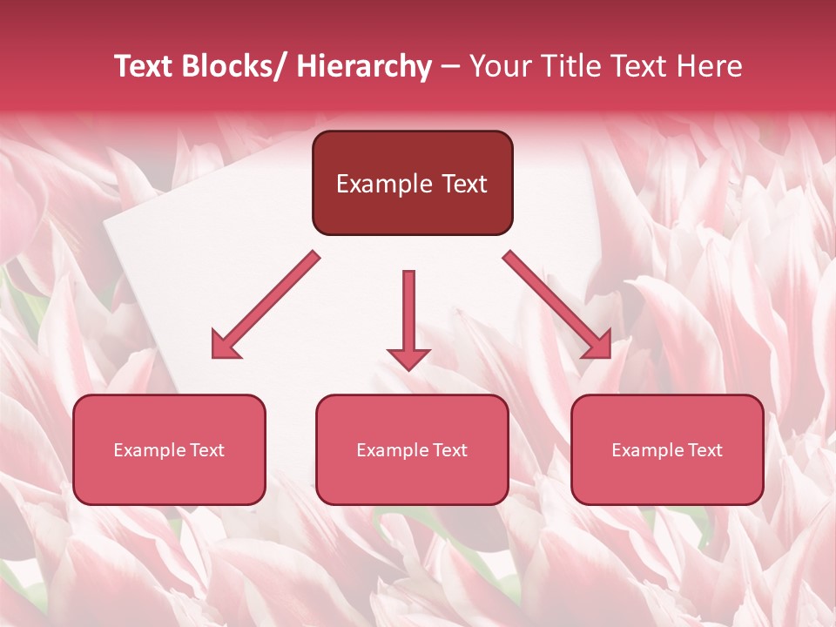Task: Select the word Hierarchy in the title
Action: pyautogui.click(x=364, y=66)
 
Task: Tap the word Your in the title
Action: pyautogui.click(x=500, y=66)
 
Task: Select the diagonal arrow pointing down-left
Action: pyautogui.click(x=266, y=305)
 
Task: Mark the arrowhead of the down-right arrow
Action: pyautogui.click(x=598, y=346)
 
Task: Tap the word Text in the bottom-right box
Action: pyautogui.click(x=703, y=450)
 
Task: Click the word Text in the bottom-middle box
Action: pyautogui.click(x=448, y=450)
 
